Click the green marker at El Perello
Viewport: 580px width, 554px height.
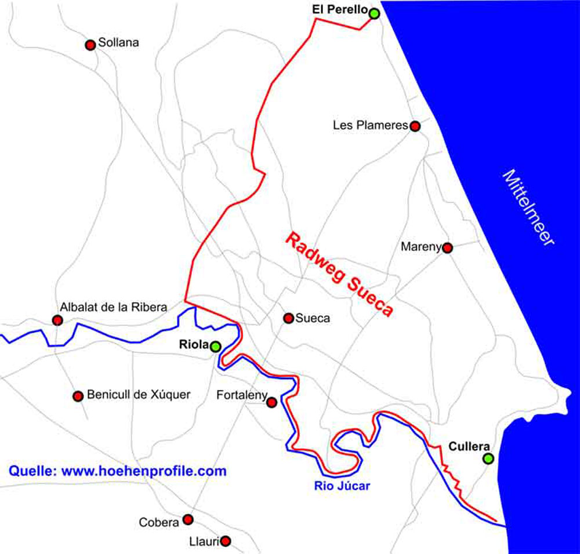pos(374,13)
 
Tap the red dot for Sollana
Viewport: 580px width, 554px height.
pos(90,45)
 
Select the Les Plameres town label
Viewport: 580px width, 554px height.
pos(371,125)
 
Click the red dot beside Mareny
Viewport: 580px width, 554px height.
pos(447,248)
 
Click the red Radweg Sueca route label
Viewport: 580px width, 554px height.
pos(340,274)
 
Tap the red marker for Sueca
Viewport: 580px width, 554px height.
pos(288,318)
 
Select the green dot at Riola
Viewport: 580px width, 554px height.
pos(215,347)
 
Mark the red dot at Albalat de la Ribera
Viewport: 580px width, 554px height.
pos(57,320)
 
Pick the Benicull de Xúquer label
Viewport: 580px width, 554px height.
pos(139,395)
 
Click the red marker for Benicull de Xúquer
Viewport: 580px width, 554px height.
pos(78,396)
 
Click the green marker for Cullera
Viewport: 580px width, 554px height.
pos(488,459)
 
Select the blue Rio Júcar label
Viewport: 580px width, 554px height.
pos(342,486)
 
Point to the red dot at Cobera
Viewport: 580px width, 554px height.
pos(188,519)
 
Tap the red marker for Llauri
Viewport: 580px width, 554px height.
pos(226,541)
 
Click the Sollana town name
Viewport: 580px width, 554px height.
pos(118,42)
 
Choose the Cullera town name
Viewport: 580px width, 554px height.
pos(470,447)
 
